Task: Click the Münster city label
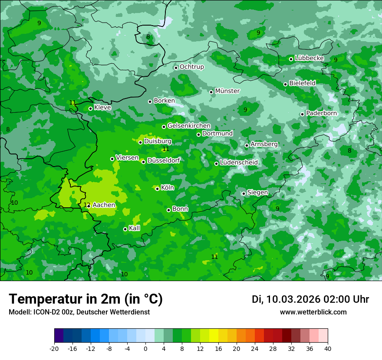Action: coord(227,91)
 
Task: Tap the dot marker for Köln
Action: coord(157,189)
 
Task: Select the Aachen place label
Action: coord(104,205)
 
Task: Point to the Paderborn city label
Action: coord(321,113)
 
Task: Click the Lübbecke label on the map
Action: coord(309,58)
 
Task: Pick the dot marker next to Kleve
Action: coord(90,109)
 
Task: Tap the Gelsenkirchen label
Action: coord(189,126)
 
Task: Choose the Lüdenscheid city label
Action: coord(239,163)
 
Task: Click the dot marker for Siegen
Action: coord(244,193)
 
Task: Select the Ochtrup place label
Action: coord(191,67)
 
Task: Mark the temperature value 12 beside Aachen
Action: coord(87,205)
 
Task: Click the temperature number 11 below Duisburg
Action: coord(165,149)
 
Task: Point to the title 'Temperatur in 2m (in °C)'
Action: coord(86,299)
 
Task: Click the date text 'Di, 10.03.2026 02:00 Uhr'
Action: coord(310,299)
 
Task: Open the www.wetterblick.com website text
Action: coord(313,312)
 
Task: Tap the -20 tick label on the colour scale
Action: coord(54,348)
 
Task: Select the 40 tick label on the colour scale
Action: coord(328,348)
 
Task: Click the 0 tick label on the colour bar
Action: coord(145,348)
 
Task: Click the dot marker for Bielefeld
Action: coord(285,84)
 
